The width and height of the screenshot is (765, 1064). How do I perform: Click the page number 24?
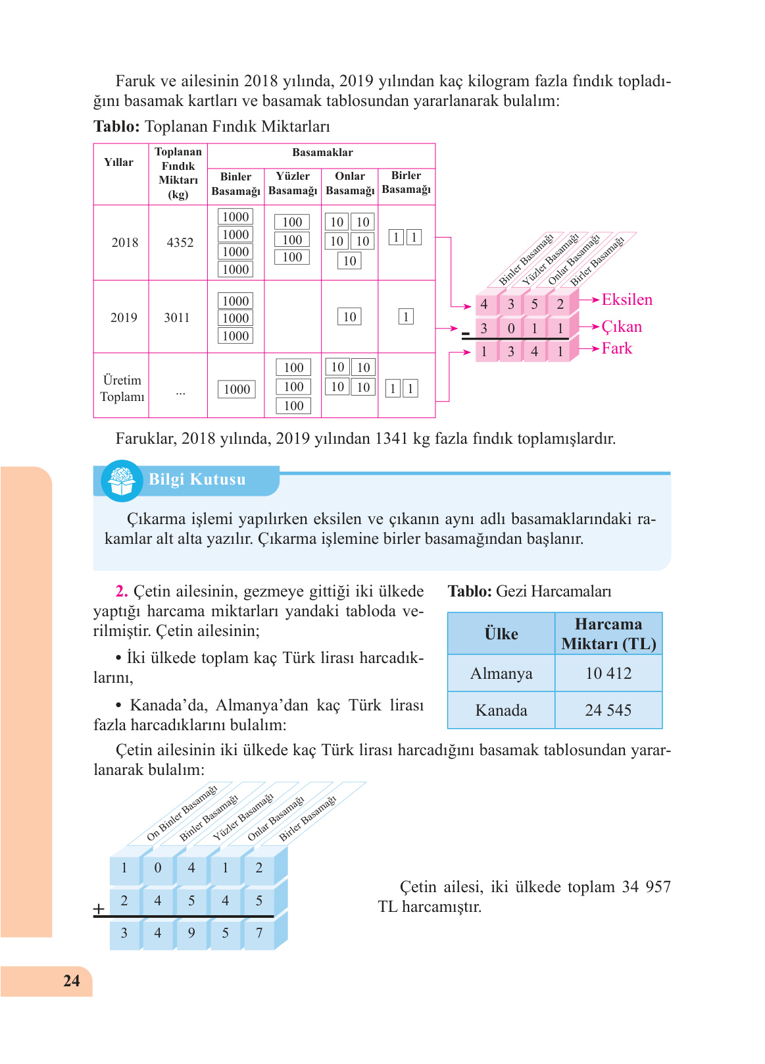click(71, 980)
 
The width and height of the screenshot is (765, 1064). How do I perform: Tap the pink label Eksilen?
click(627, 300)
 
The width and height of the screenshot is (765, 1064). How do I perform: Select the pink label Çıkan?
click(622, 327)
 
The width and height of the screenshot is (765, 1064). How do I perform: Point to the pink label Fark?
click(616, 348)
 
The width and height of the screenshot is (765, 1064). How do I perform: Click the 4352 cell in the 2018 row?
click(180, 242)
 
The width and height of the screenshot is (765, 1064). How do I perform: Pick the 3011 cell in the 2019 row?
click(177, 317)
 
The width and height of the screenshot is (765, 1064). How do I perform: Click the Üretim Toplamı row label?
click(122, 388)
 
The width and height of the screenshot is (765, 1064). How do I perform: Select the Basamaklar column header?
click(322, 153)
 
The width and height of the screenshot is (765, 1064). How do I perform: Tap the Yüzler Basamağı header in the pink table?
click(293, 184)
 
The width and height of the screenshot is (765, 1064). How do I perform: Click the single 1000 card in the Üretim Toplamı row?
click(236, 389)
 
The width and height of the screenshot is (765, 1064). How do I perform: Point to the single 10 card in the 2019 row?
click(349, 317)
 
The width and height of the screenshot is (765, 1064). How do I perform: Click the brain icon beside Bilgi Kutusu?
click(122, 481)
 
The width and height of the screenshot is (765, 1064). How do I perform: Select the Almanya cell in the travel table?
click(501, 674)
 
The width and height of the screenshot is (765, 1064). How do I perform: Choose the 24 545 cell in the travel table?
click(608, 710)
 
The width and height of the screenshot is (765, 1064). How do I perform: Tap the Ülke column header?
click(501, 634)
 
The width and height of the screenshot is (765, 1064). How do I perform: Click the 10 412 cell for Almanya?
click(608, 674)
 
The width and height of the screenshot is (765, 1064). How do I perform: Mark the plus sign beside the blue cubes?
click(99, 909)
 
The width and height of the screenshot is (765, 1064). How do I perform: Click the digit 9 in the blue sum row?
click(191, 933)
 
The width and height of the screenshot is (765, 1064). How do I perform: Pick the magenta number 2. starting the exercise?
click(122, 591)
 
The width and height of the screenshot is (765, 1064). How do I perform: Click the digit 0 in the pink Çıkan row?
click(510, 329)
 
